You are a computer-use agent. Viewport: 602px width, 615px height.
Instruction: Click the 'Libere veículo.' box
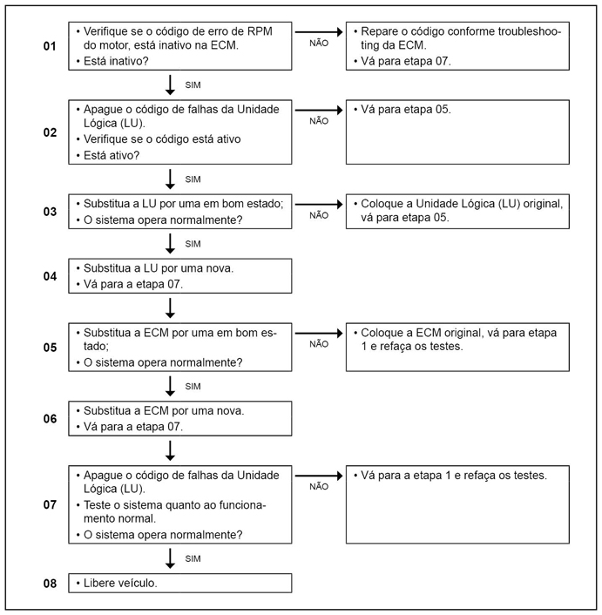tap(180, 583)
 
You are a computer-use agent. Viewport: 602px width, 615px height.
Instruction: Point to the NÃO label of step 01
tap(319, 42)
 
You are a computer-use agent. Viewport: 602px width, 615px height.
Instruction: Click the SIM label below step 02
tap(193, 178)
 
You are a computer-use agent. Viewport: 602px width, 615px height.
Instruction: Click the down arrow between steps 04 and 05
tap(171, 307)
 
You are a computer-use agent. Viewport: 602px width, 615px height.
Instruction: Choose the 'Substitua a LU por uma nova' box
tap(180, 275)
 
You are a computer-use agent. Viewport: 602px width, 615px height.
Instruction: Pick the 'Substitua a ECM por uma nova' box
tap(180, 418)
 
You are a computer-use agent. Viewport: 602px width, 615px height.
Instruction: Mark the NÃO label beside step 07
tap(319, 486)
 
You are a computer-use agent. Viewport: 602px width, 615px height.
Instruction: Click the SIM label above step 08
tap(193, 558)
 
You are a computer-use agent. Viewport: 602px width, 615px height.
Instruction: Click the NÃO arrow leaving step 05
tap(320, 331)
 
